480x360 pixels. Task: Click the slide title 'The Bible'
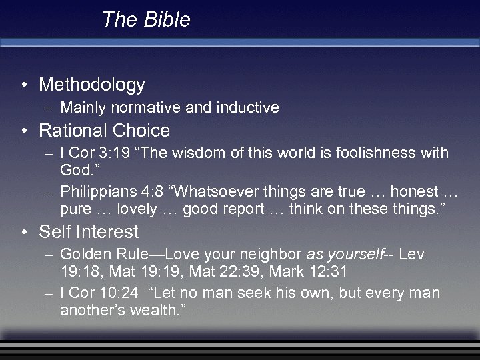tap(146, 20)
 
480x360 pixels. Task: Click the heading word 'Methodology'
tap(92, 85)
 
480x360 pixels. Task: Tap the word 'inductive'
tap(249, 107)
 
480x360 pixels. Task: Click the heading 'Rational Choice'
tap(105, 130)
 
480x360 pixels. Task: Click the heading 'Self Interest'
tap(89, 232)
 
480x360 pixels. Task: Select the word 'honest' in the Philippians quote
tap(414, 191)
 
